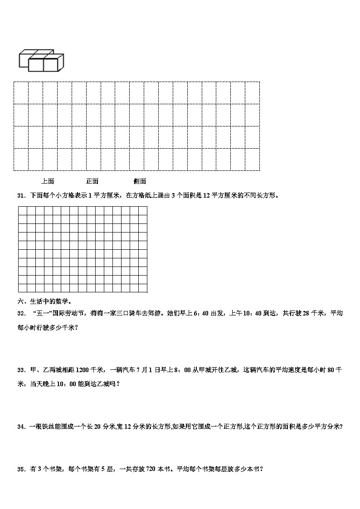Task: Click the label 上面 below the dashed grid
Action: [48, 181]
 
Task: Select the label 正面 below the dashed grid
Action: [92, 181]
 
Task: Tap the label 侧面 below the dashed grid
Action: [140, 181]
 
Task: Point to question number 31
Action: [20, 196]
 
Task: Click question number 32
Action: [20, 313]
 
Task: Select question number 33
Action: [20, 370]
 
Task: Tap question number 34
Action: [20, 427]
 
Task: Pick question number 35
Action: [20, 470]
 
